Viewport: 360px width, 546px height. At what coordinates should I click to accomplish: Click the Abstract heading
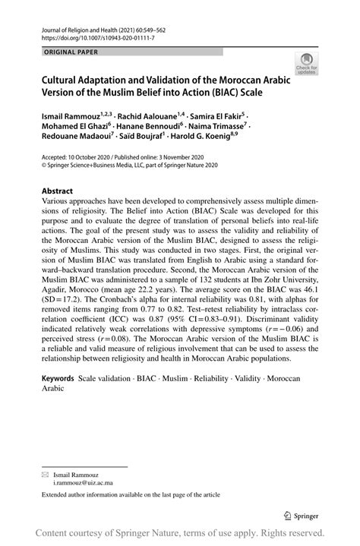[x=57, y=191]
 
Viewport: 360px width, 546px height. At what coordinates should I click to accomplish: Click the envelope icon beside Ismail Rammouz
[x=45, y=472]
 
